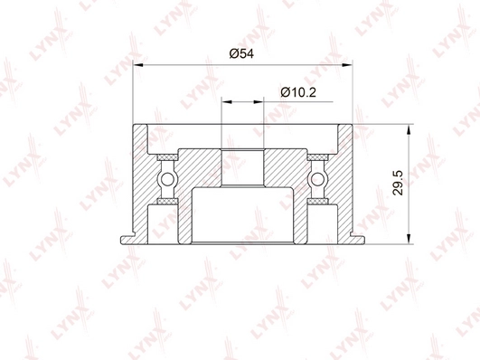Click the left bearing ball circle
tap(167, 182)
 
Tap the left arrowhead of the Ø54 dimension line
tap(138, 64)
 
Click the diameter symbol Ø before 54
tap(233, 54)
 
